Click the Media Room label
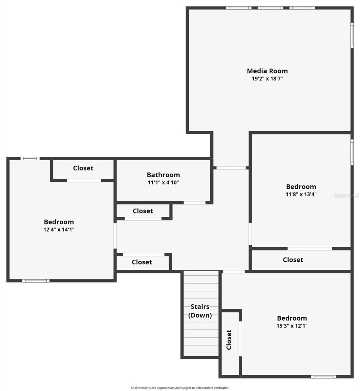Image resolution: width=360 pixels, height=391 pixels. (267, 71)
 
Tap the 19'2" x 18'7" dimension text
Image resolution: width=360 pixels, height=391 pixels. (267, 79)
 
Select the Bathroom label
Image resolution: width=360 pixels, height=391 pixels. (163, 175)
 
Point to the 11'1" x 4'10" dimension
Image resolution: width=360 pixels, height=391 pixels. (163, 182)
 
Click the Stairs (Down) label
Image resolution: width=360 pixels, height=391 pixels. (200, 311)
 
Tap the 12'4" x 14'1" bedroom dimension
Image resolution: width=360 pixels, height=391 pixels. (59, 229)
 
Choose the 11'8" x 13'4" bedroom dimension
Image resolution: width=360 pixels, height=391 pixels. (301, 194)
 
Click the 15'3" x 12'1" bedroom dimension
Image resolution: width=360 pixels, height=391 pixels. (292, 326)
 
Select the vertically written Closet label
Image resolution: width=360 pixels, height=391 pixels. (229, 340)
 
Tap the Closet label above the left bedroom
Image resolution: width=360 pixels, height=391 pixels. (83, 168)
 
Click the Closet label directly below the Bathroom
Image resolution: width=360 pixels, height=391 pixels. (143, 211)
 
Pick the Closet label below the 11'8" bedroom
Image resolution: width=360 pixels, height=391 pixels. (293, 260)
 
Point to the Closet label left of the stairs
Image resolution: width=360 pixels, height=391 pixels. (142, 262)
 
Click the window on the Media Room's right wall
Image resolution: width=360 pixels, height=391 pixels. (352, 35)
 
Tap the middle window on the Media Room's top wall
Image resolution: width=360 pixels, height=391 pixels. (270, 8)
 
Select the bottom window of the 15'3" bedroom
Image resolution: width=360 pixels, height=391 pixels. (323, 377)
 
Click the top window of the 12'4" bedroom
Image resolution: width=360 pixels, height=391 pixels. (30, 159)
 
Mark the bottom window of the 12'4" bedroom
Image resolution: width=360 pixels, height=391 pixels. (36, 281)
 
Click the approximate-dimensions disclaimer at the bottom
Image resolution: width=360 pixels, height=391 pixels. (180, 388)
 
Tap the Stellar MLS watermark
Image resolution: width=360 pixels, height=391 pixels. (346, 196)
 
